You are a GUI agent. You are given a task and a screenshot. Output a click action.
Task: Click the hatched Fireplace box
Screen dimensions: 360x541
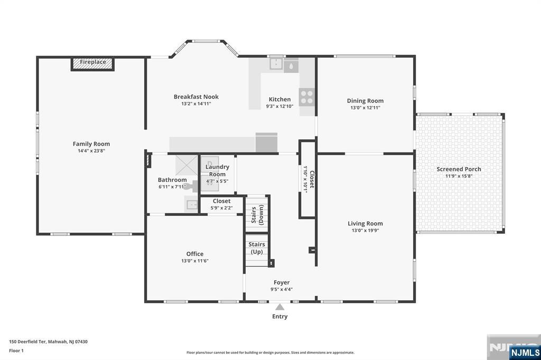[x=93, y=62]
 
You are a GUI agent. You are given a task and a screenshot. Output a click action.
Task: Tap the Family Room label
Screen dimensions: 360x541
[x=91, y=144]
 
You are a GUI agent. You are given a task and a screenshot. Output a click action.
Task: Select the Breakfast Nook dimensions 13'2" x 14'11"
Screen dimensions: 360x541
[x=196, y=104]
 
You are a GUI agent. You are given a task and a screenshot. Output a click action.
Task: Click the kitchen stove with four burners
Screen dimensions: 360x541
[x=306, y=97]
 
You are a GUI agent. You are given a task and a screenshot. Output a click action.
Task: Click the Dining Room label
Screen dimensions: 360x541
[x=365, y=101]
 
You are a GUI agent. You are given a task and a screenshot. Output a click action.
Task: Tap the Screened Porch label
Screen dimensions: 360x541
[x=459, y=169]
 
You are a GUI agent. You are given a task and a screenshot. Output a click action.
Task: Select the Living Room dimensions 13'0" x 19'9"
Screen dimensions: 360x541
[x=365, y=230]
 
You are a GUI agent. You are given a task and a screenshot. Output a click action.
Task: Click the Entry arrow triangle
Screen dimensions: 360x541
[x=280, y=307]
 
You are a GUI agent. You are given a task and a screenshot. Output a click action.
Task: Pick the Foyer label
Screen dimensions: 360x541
[x=281, y=282]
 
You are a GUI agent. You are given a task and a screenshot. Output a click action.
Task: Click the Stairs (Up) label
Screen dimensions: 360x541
[x=257, y=248]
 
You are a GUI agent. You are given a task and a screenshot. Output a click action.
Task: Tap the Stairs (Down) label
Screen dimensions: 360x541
[x=257, y=215]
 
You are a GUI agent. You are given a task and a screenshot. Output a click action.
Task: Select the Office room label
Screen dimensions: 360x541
[x=194, y=254]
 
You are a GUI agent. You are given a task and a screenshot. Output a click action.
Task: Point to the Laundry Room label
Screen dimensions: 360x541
[x=217, y=170]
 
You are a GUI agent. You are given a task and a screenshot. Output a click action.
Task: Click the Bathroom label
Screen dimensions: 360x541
[x=172, y=180]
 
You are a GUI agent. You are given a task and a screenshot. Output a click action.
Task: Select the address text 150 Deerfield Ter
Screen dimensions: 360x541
[x=29, y=342]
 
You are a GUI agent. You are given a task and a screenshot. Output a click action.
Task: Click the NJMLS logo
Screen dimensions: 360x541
[x=525, y=352]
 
